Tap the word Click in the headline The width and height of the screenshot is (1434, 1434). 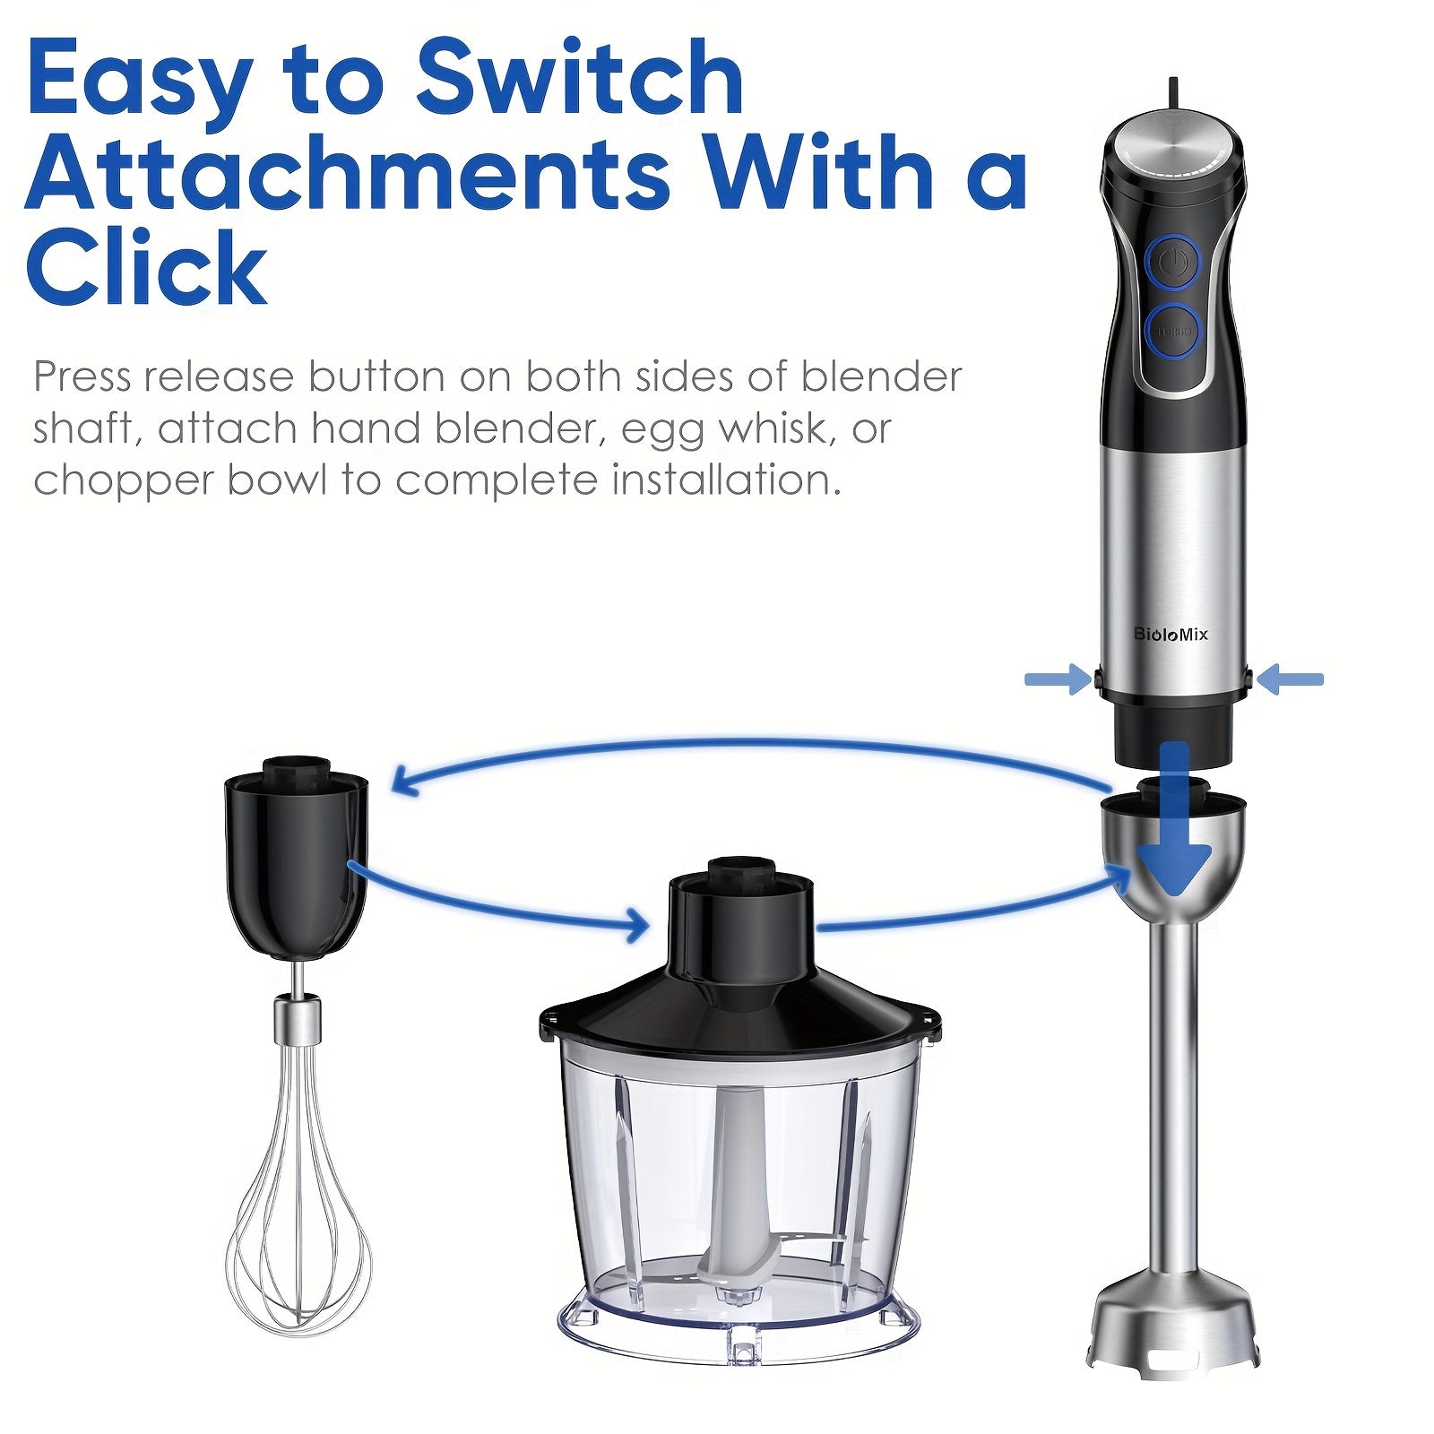pyautogui.click(x=147, y=267)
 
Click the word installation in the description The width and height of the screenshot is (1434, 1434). pyautogui.click(x=726, y=479)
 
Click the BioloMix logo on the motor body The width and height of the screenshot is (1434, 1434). pyautogui.click(x=1171, y=635)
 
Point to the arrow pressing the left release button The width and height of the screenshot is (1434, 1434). pyautogui.click(x=1059, y=679)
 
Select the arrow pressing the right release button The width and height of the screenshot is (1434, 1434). pyautogui.click(x=1289, y=679)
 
